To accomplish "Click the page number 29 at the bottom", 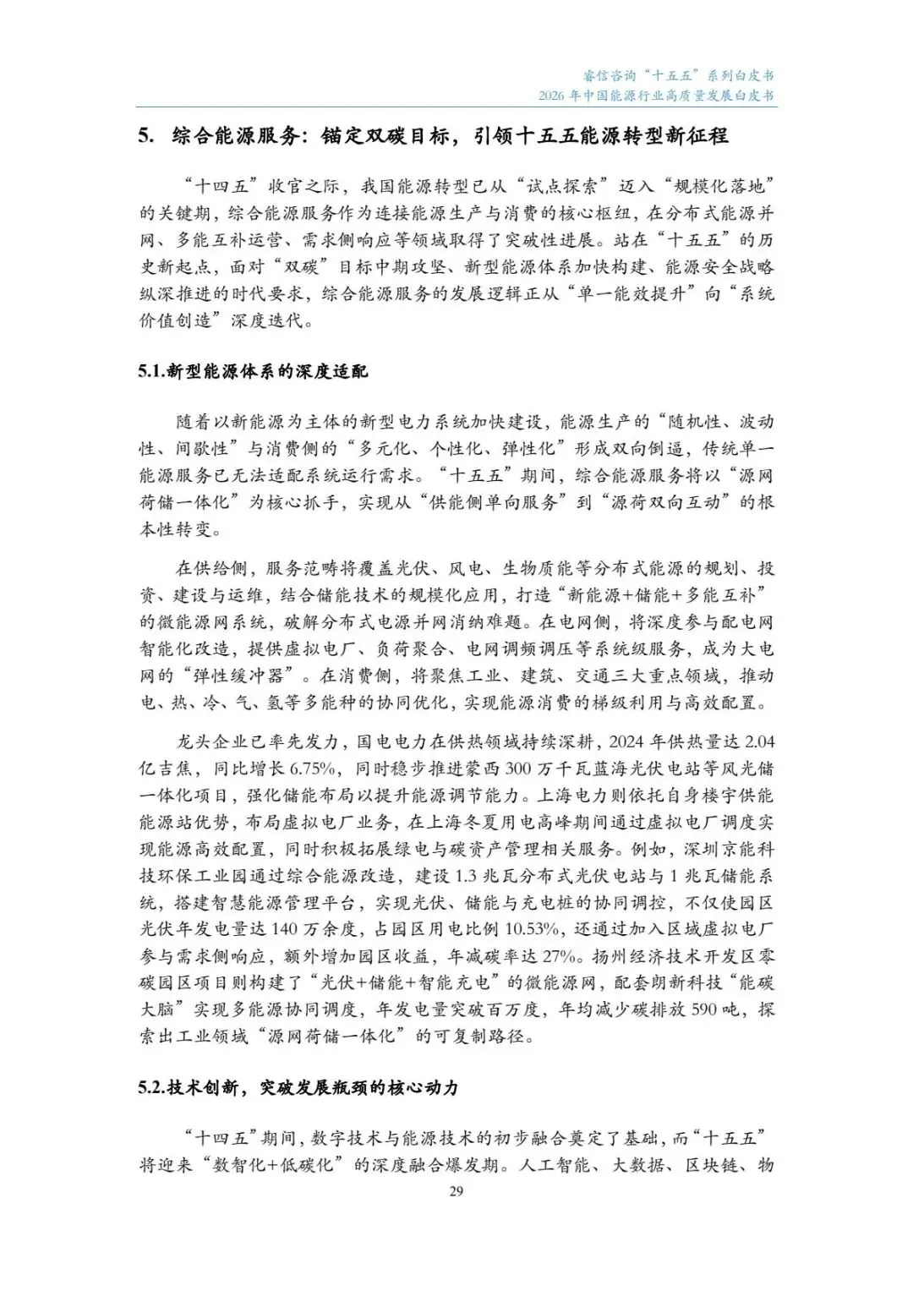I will [456, 1192].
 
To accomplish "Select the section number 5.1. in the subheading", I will [152, 372].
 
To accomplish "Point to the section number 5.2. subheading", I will [152, 1088].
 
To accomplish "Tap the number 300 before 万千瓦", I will [521, 769].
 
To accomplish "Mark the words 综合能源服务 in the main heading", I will [224, 136].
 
